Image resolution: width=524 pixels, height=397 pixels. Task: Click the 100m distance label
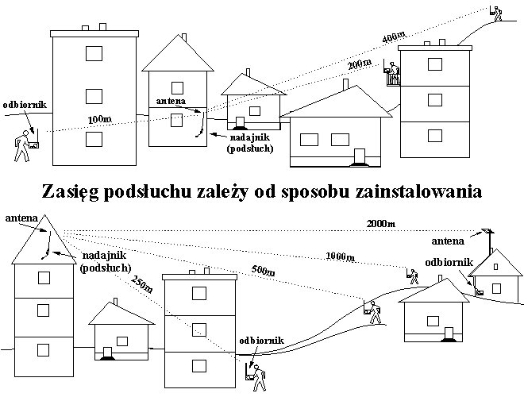[99, 119]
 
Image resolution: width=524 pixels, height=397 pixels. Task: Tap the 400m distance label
[394, 36]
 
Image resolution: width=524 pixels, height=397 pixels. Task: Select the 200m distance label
[360, 64]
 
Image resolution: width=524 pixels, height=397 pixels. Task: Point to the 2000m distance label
[380, 223]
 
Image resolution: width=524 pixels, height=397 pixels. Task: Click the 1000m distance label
[340, 256]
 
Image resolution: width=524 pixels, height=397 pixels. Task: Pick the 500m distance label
[264, 271]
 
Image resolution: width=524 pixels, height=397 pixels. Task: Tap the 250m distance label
[141, 283]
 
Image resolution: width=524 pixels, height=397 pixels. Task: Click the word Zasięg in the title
[70, 192]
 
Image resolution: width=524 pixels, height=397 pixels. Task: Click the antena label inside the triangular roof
[21, 218]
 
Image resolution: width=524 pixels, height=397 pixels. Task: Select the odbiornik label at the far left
[25, 105]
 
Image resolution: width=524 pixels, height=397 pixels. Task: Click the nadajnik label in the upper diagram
[250, 137]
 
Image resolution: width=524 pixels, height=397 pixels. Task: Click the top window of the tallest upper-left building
[94, 53]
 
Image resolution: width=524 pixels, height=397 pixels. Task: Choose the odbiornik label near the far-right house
[449, 263]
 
